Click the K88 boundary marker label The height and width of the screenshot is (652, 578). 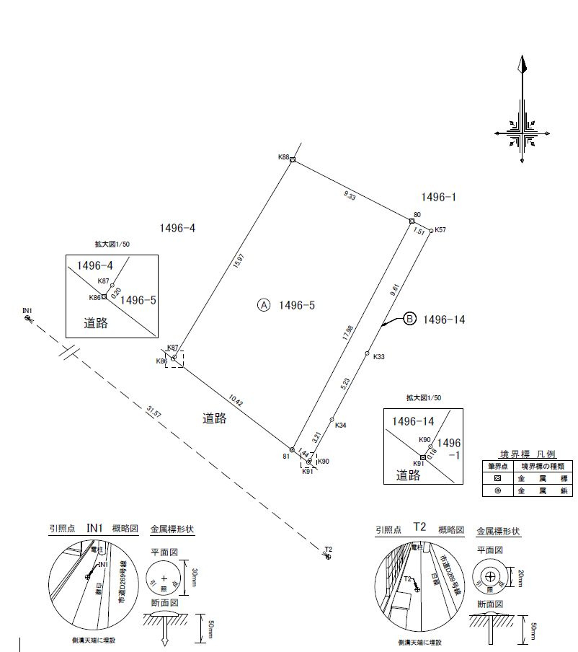[283, 157]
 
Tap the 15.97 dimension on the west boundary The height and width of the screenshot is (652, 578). [239, 260]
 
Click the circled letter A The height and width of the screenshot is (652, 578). [264, 305]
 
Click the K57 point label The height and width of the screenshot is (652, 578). [440, 230]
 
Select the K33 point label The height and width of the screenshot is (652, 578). [380, 357]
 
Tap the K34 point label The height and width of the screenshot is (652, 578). [341, 426]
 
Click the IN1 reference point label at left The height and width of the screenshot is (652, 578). [27, 311]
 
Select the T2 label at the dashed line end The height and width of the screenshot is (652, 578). [328, 550]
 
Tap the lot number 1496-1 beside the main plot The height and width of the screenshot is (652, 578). [439, 197]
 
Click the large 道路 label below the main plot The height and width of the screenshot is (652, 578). [214, 418]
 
